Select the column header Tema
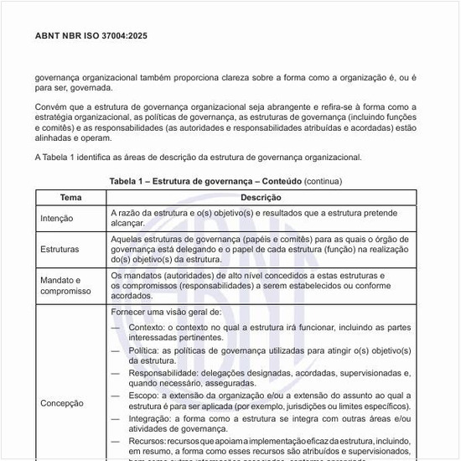[71, 198]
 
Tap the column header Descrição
[261, 198]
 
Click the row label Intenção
[57, 218]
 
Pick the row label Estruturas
[60, 249]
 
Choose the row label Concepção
[62, 403]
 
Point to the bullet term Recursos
[148, 440]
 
